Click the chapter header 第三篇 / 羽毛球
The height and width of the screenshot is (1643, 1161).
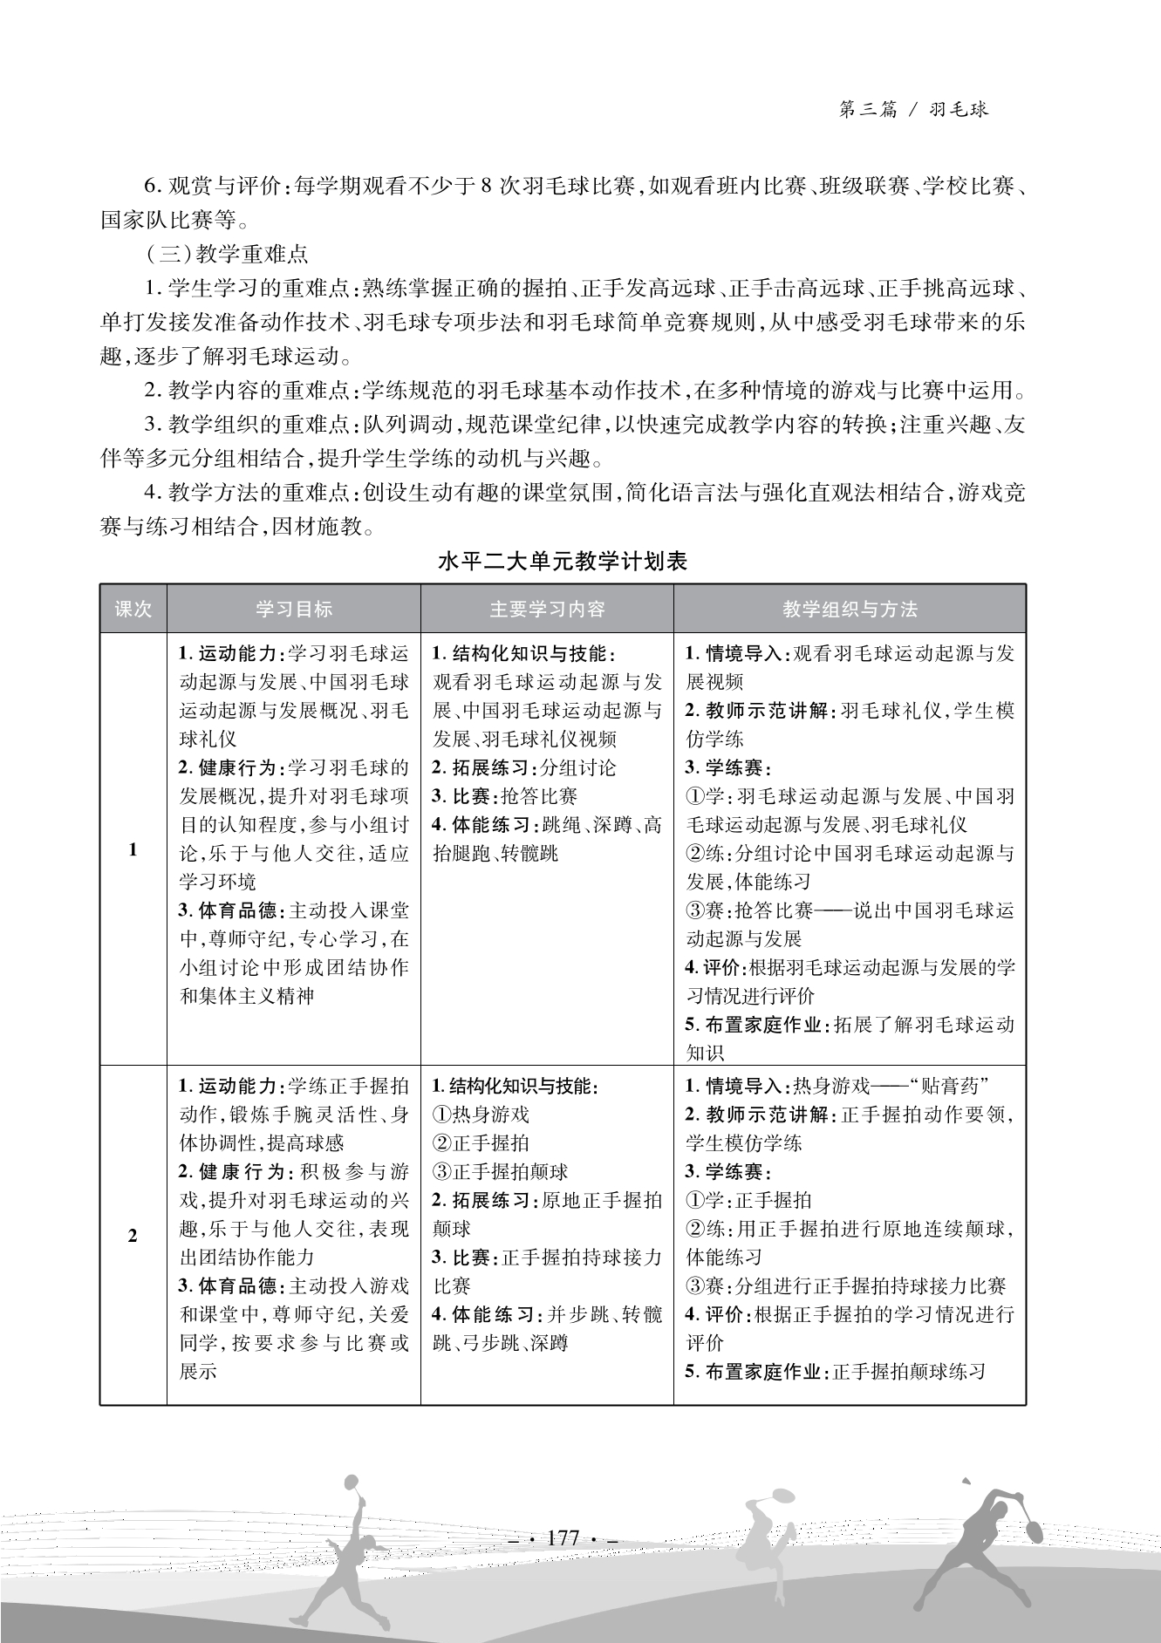point(912,109)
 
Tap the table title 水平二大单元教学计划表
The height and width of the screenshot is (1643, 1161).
point(563,561)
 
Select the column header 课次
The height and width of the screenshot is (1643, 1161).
point(133,609)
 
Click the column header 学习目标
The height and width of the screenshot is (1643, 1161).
point(293,609)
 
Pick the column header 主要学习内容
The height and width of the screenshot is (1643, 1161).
point(547,609)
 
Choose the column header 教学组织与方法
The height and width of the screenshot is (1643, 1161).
point(849,609)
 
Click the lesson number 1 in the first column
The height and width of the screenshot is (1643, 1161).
point(133,849)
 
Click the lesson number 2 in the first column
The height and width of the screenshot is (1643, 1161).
point(133,1235)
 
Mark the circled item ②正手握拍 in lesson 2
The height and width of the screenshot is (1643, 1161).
point(481,1143)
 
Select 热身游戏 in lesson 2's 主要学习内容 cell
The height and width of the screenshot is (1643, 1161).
point(490,1115)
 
